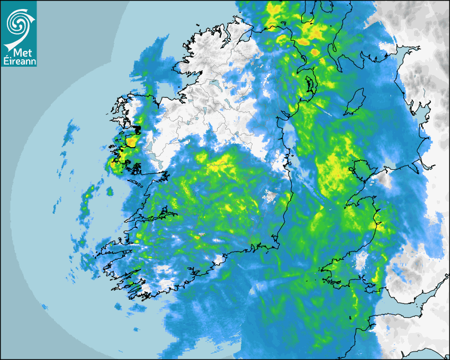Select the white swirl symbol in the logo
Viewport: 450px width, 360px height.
20,23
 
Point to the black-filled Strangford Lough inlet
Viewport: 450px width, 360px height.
308,85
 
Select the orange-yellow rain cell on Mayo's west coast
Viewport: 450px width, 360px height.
130,142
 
